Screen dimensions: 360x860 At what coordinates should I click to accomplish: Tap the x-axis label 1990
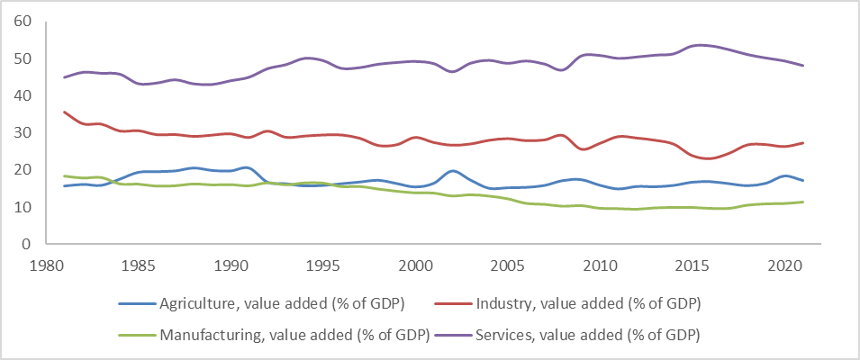tap(231, 265)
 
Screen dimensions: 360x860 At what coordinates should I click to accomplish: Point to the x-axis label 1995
tap(322, 265)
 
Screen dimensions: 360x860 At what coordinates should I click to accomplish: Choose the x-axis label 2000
tap(414, 265)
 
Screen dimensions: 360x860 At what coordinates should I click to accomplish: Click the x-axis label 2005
tap(507, 265)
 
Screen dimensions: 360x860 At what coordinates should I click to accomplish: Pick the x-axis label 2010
tap(599, 265)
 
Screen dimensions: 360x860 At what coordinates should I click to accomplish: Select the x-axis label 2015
tap(691, 265)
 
